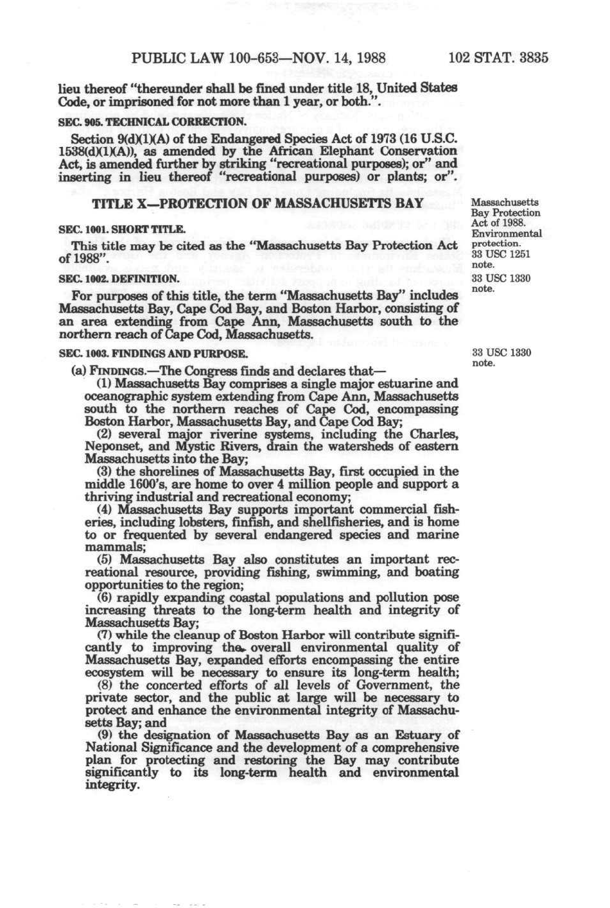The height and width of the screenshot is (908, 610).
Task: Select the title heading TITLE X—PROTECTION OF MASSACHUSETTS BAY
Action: coord(258,204)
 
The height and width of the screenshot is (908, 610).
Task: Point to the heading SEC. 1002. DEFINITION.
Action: coord(118,279)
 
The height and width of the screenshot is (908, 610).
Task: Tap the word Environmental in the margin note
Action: coord(507,234)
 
